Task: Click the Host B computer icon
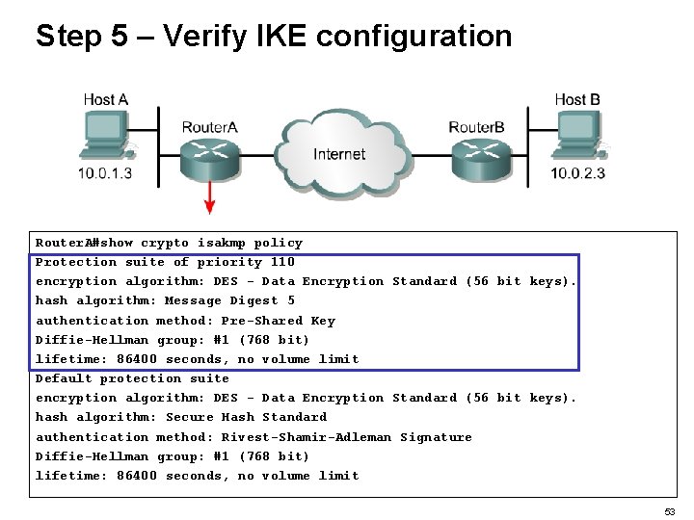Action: [578, 135]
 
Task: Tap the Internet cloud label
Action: [339, 154]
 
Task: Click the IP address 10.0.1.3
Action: [105, 174]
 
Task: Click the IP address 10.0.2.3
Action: [578, 174]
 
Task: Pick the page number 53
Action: [669, 512]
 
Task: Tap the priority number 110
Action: [282, 262]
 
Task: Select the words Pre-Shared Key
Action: [278, 321]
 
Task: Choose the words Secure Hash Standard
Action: [246, 417]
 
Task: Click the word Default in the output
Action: [64, 378]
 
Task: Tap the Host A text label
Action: [105, 99]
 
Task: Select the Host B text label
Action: [577, 99]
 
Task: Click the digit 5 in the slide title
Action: [118, 37]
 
